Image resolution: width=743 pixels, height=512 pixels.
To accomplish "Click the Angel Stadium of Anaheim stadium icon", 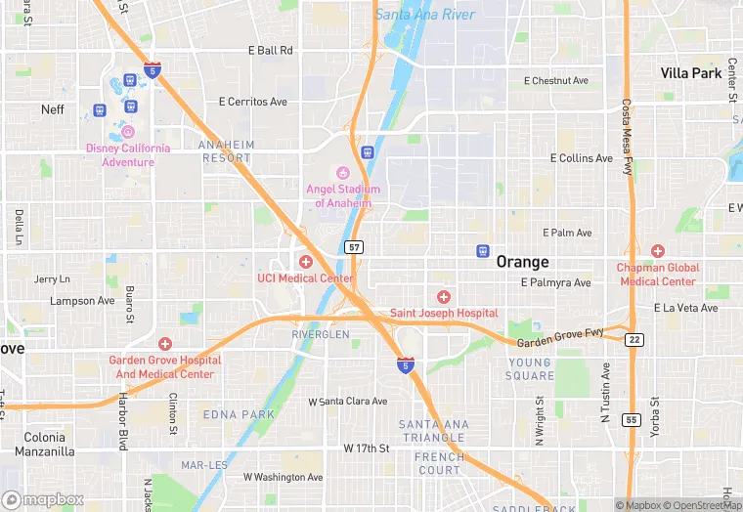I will [342, 173].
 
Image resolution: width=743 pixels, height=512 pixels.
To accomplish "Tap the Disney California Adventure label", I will [128, 154].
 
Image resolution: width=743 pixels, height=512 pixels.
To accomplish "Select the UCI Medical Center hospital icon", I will [306, 262].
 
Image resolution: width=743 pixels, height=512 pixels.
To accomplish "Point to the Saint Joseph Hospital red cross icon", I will [444, 296].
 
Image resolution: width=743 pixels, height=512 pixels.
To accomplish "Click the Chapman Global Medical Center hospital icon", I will [657, 251].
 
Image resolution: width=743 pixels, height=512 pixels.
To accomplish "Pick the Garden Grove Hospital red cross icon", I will [164, 344].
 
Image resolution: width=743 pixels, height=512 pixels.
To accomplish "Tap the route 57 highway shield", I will [354, 247].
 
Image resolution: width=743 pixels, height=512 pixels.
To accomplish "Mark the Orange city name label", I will [522, 262].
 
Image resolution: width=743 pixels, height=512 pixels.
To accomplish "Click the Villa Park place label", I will [690, 73].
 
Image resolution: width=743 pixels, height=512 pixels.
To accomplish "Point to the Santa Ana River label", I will [425, 15].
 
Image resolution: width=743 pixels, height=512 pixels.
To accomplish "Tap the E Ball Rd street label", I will [270, 50].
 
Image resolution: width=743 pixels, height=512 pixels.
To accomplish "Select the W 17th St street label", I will [367, 448].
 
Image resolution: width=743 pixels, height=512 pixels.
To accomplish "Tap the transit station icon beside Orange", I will [482, 251].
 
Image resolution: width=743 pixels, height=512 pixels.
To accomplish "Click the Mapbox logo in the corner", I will [43, 499].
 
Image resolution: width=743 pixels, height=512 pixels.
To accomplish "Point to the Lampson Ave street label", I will [82, 301].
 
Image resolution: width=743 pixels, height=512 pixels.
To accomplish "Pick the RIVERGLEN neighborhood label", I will [320, 334].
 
